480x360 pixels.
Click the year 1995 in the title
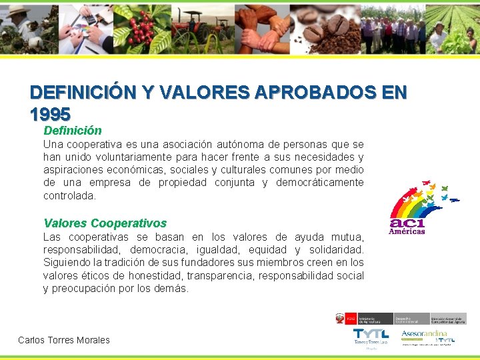pos(50,114)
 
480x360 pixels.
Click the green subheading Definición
pos(73,131)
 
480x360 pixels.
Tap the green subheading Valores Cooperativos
pos(105,223)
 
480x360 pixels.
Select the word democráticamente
pos(319,183)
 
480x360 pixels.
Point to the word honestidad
pos(154,275)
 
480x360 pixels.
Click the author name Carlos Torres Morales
pos(64,340)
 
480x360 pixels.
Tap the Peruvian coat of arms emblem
pos(341,319)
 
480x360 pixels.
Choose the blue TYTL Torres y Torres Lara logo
pos(371,337)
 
